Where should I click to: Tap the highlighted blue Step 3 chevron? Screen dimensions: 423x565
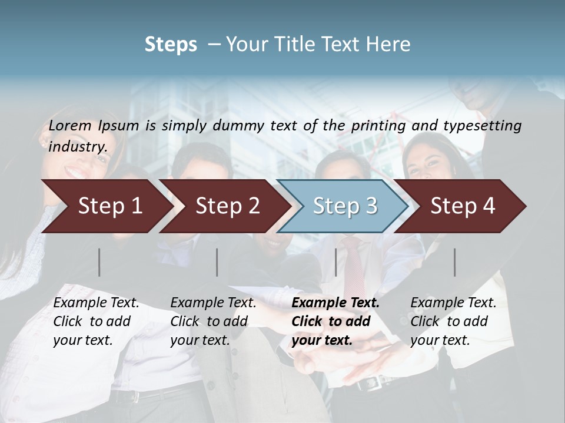[x=344, y=206]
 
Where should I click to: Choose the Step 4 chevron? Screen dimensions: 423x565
[x=462, y=206]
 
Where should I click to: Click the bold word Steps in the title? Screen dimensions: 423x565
[x=171, y=45]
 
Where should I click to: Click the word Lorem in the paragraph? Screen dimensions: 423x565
[x=69, y=125]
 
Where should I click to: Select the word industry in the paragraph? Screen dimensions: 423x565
[x=78, y=146]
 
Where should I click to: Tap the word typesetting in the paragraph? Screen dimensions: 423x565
[x=484, y=125]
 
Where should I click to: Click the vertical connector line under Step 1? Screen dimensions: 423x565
[x=99, y=262]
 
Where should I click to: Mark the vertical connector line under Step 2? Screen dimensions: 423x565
[x=217, y=262]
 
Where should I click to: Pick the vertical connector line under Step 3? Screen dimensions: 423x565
[x=336, y=262]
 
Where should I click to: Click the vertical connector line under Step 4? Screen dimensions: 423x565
[x=454, y=262]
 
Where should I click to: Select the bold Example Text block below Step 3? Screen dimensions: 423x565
[x=335, y=321]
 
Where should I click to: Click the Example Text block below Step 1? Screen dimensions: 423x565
[x=96, y=321]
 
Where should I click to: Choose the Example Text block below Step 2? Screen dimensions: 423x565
[x=213, y=321]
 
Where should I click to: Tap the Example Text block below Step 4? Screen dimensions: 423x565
[x=453, y=321]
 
